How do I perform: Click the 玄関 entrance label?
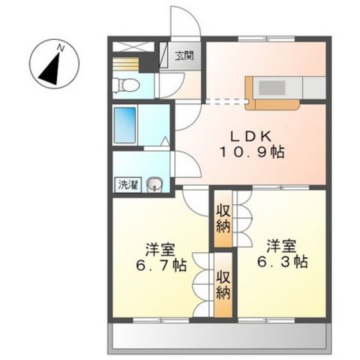click(184, 56)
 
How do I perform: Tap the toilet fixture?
click(126, 86)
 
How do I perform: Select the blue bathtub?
click(125, 125)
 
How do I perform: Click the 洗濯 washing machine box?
click(128, 185)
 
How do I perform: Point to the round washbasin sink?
click(154, 184)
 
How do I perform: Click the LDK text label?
click(251, 136)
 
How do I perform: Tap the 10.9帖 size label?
click(252, 152)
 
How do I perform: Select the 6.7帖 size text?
click(161, 265)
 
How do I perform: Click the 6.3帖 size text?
click(282, 262)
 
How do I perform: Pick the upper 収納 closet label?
click(223, 220)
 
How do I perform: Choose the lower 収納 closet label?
click(223, 286)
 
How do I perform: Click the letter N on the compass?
click(60, 48)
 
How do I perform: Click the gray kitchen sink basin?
click(272, 88)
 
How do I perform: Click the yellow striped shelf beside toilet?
click(125, 64)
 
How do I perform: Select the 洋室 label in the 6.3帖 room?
click(282, 246)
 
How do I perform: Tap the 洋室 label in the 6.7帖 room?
click(161, 250)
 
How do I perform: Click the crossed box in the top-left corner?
click(133, 47)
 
